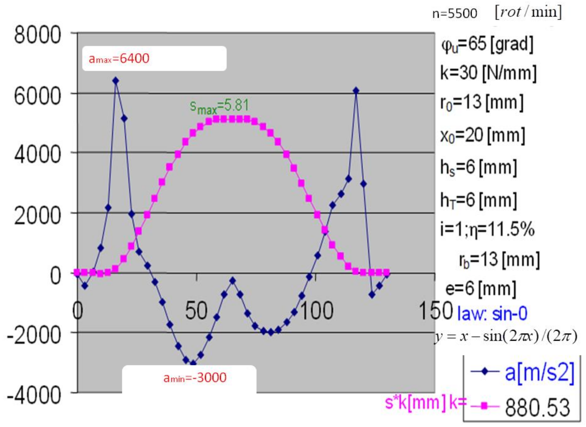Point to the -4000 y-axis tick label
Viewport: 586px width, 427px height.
click(34, 396)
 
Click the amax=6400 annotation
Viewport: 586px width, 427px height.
click(119, 59)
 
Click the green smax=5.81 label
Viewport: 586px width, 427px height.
click(219, 107)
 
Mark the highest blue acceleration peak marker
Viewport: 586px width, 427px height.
click(116, 81)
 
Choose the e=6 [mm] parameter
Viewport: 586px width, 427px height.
click(481, 288)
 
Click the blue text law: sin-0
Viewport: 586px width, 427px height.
click(492, 314)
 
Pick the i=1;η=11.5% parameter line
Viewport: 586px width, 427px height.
click(487, 230)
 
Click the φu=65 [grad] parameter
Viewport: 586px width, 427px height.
click(487, 44)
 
